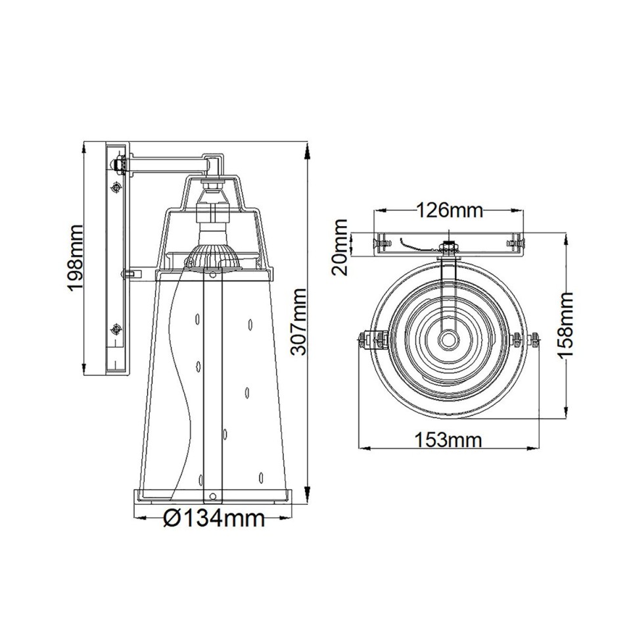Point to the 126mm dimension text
click(x=450, y=210)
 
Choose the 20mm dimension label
click(x=341, y=248)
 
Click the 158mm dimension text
click(x=566, y=325)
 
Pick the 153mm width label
click(x=448, y=440)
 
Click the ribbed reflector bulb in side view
click(x=212, y=258)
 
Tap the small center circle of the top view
click(x=449, y=339)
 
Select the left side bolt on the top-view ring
click(x=369, y=339)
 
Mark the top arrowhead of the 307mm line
click(x=308, y=151)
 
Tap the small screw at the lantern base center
click(x=212, y=495)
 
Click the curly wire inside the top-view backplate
click(x=413, y=245)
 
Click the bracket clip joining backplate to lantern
click(x=132, y=271)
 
